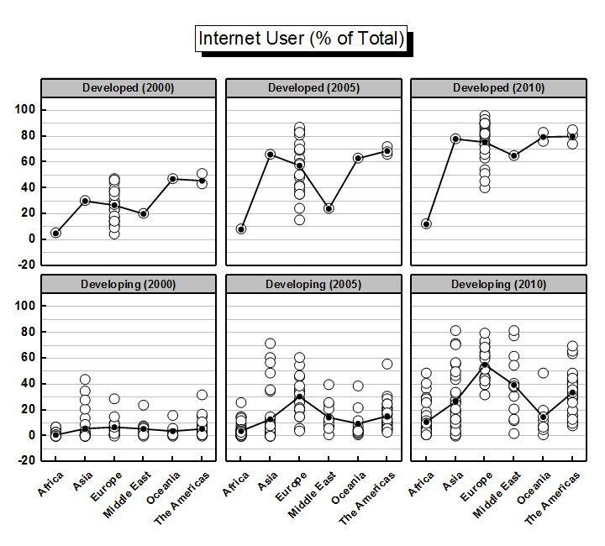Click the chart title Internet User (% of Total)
point(302,39)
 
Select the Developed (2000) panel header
point(129,88)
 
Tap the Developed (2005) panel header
point(313,88)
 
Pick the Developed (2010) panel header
point(498,88)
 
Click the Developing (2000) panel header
point(129,284)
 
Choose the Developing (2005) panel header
point(313,284)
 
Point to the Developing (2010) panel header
point(498,284)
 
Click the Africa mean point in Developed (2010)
point(426,224)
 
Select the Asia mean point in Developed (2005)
point(270,155)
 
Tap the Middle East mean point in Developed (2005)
point(329,208)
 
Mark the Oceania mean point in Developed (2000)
point(172,179)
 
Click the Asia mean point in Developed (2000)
point(85,201)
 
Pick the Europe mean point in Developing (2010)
point(485,366)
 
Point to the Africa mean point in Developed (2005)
point(241,228)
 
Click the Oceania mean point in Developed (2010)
point(544,137)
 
